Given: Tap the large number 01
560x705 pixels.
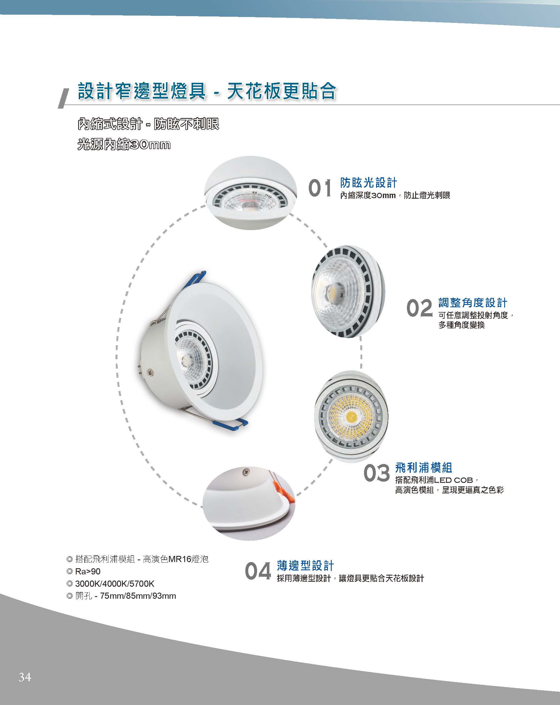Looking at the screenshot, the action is [x=320, y=189].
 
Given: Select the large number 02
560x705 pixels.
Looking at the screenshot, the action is [x=419, y=308].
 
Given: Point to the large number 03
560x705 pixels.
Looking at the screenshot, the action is [x=377, y=473].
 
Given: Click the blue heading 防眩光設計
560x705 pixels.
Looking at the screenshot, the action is [x=369, y=183].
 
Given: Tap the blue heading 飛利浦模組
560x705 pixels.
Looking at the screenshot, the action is [x=423, y=468].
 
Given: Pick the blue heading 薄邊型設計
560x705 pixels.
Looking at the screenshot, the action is [x=305, y=565].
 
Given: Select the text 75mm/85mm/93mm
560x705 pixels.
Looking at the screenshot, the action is [x=138, y=596].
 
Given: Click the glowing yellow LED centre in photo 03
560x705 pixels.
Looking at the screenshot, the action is [x=351, y=416].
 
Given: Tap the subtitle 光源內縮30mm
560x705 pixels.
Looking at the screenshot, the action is [x=124, y=144].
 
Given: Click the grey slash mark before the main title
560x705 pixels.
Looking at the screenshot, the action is [x=64, y=99].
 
